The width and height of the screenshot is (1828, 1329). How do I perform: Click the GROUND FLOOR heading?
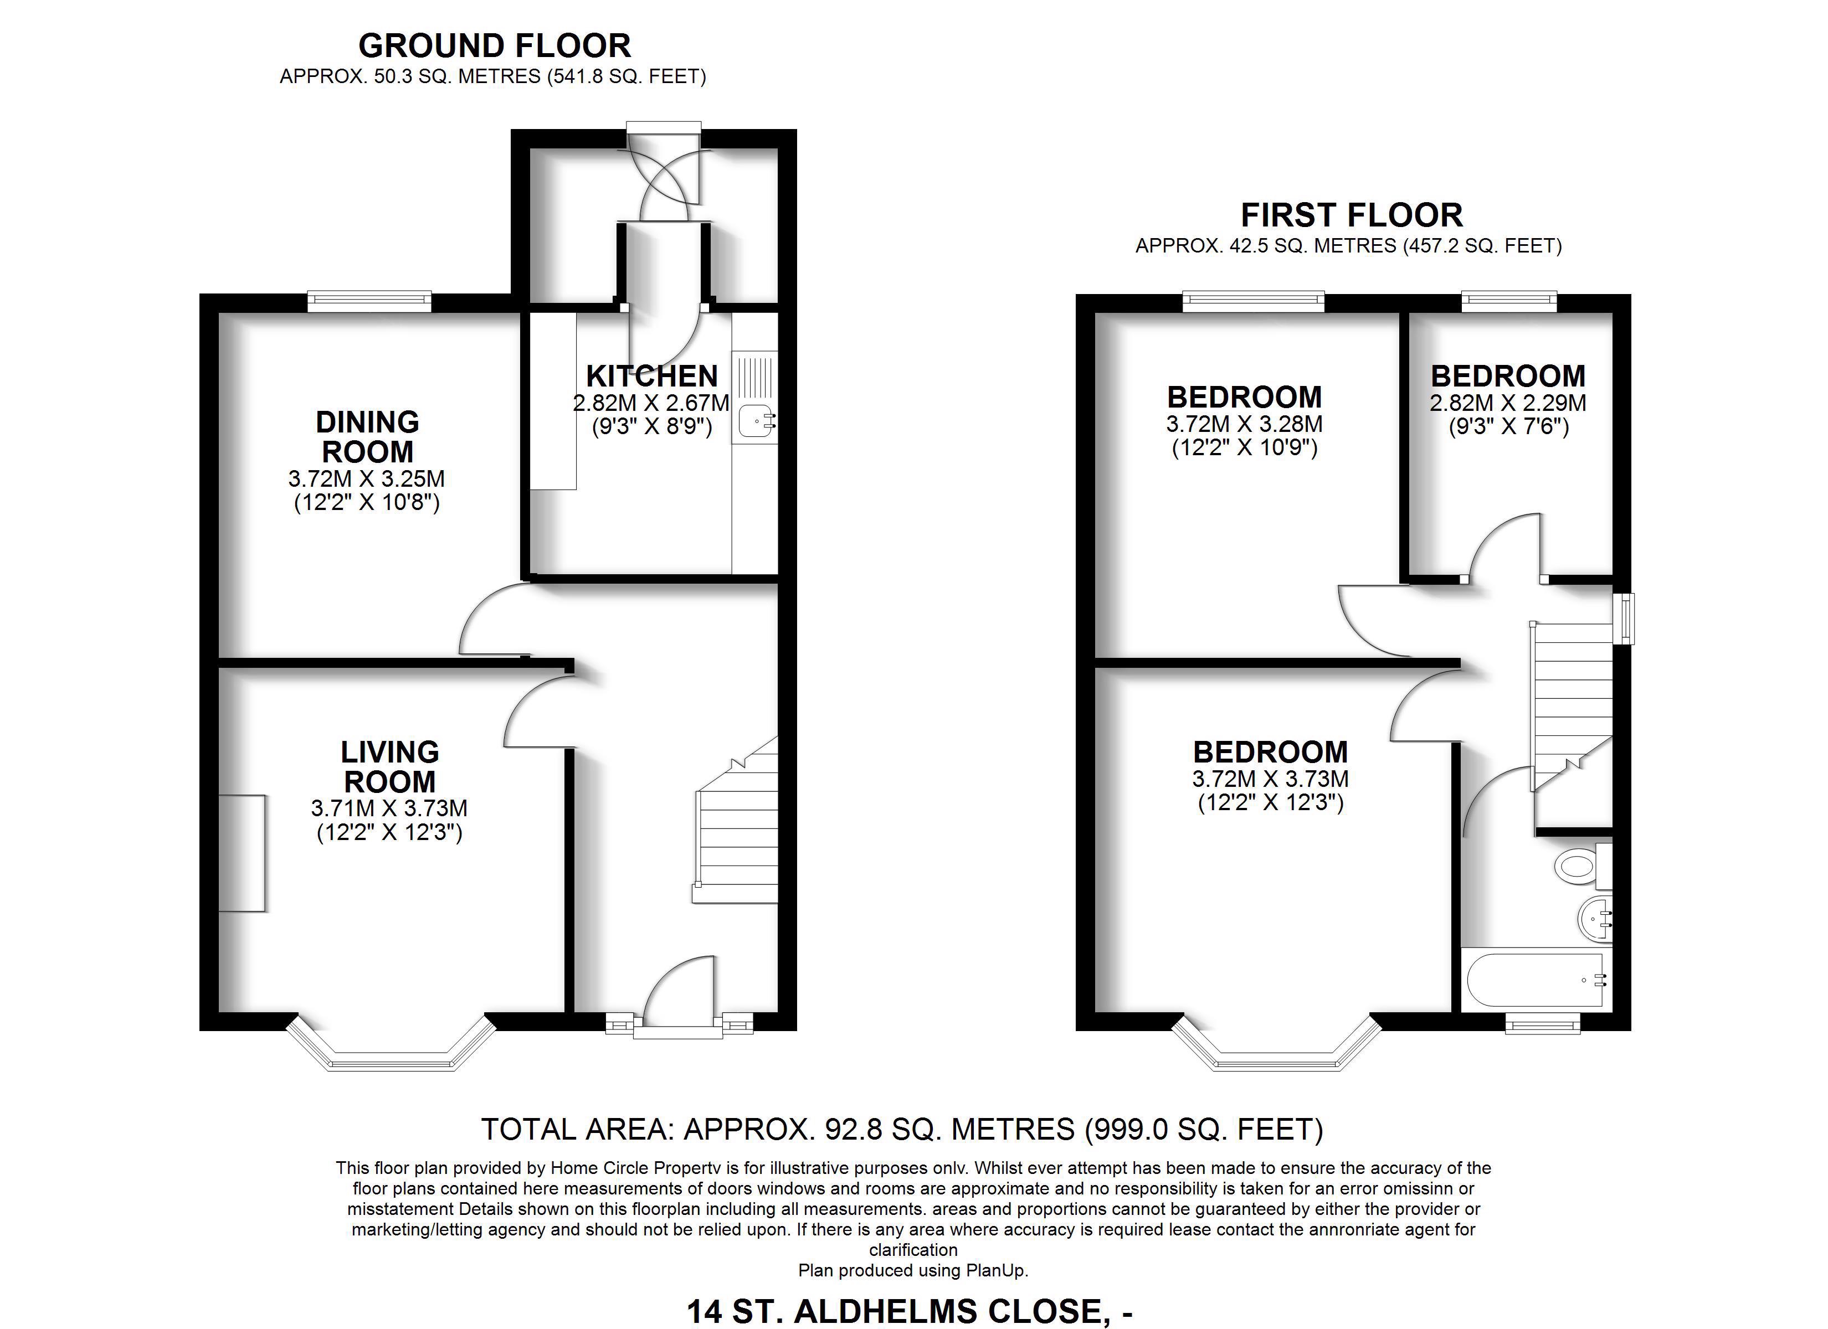pyautogui.click(x=494, y=46)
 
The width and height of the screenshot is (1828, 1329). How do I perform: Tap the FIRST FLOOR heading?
pyautogui.click(x=1352, y=215)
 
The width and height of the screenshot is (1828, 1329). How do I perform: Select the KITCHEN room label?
pyautogui.click(x=651, y=377)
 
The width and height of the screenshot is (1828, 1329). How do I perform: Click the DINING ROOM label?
pyautogui.click(x=367, y=437)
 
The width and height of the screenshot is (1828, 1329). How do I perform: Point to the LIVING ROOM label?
pyautogui.click(x=390, y=766)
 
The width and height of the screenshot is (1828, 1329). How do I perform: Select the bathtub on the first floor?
pyautogui.click(x=1536, y=980)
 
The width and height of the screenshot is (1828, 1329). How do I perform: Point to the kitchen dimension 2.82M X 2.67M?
pyautogui.click(x=651, y=402)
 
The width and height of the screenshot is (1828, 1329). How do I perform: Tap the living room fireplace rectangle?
pyautogui.click(x=242, y=853)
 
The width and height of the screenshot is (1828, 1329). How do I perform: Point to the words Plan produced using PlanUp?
pyautogui.click(x=913, y=1271)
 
